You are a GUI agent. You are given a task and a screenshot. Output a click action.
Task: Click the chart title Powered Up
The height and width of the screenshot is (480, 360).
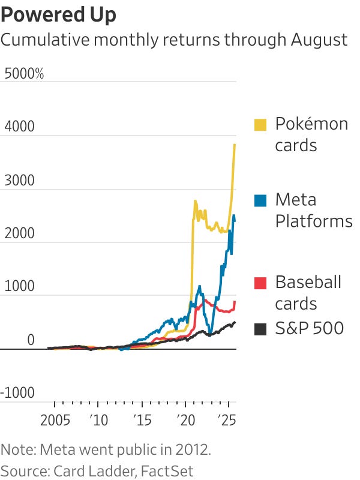[x=59, y=14]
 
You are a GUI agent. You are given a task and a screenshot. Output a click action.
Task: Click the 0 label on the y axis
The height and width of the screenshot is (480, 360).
[x=30, y=340]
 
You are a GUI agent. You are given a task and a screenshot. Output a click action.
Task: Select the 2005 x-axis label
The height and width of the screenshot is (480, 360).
[x=55, y=419]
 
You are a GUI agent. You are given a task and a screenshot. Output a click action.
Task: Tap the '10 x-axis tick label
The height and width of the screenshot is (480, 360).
[x=97, y=419]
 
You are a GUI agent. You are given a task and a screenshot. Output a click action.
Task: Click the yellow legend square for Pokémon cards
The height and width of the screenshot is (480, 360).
[x=260, y=124]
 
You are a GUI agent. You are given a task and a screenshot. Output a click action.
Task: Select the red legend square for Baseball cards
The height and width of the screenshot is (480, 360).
[x=260, y=282]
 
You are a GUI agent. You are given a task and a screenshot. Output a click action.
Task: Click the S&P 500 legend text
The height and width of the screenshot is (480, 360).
[x=309, y=328]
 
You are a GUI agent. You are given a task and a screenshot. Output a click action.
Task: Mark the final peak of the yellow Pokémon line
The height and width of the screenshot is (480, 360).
[x=235, y=145]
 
